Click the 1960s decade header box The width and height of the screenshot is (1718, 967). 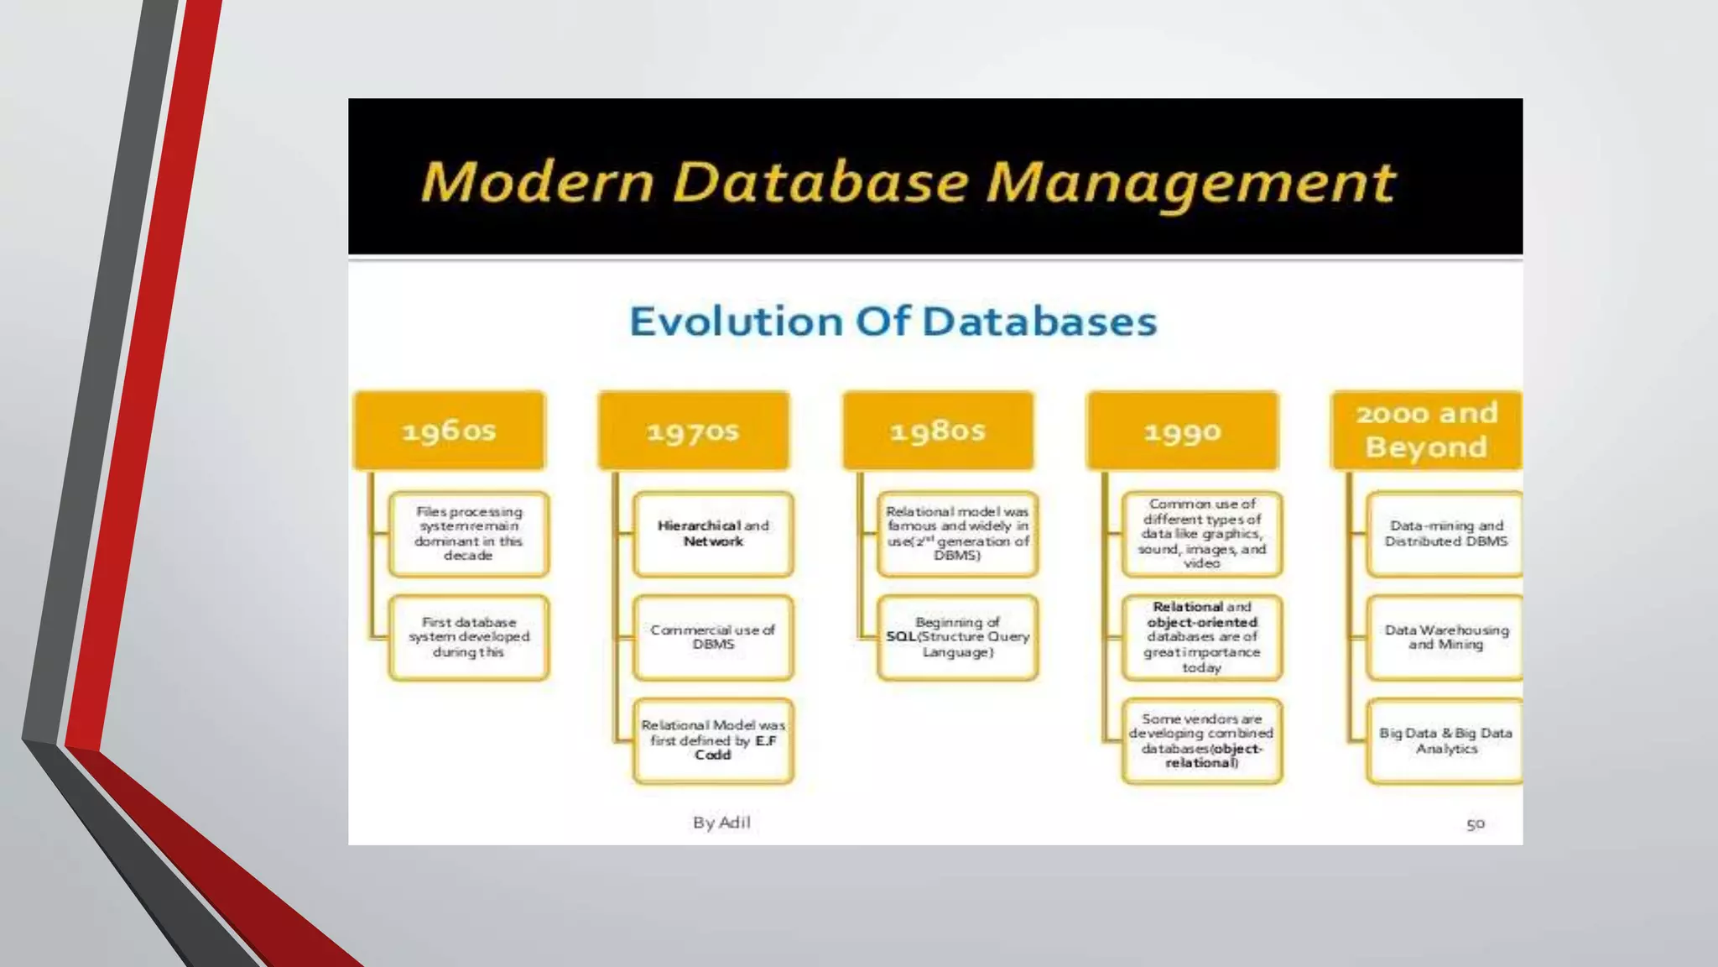pos(450,430)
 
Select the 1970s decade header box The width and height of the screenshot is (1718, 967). pos(694,430)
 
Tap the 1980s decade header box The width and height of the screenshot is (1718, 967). pos(938,430)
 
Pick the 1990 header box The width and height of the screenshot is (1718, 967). pos(1182,430)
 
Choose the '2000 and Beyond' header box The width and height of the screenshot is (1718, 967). pos(1427,430)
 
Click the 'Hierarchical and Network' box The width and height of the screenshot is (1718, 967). pos(713,534)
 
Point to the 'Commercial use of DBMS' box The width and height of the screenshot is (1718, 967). pos(713,637)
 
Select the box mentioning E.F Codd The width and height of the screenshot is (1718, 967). pos(713,740)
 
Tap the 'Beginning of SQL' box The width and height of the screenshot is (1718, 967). pos(957,637)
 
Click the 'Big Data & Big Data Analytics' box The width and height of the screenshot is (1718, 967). pos(1445,740)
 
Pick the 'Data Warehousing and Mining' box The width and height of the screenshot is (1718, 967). pos(1445,637)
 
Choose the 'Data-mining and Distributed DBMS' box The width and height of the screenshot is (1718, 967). pos(1445,534)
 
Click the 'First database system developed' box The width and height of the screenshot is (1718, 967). pos(469,637)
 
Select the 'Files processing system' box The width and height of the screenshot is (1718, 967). pos(469,534)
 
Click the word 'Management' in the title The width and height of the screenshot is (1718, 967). pos(1191,182)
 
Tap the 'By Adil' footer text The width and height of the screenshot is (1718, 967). pos(721,823)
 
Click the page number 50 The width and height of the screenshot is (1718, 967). pos(1476,824)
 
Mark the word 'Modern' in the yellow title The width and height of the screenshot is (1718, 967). pos(537,182)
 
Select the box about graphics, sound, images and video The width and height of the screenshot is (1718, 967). pos(1201,534)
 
